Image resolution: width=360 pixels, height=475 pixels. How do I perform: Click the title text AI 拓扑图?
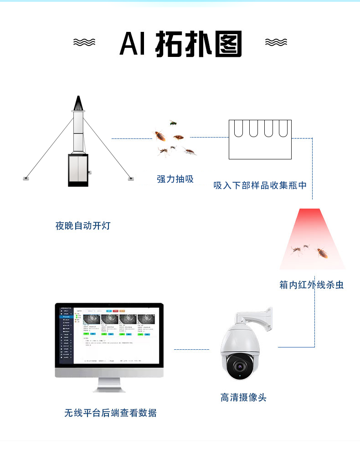click(x=180, y=44)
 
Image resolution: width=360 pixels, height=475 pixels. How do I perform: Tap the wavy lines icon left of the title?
click(x=84, y=43)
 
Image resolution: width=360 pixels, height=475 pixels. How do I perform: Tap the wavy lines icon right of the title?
click(x=276, y=43)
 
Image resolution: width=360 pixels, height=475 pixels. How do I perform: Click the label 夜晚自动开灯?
click(x=82, y=226)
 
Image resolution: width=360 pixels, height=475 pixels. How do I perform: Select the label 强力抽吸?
click(x=175, y=179)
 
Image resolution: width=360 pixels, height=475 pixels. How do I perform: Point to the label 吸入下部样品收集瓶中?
click(x=260, y=186)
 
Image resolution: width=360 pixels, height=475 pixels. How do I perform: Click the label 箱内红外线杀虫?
click(x=311, y=285)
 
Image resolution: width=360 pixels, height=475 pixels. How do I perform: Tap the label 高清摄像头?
click(x=243, y=398)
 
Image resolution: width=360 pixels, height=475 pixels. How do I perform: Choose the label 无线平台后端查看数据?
click(x=110, y=413)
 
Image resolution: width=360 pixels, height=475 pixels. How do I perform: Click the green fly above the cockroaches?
click(x=173, y=123)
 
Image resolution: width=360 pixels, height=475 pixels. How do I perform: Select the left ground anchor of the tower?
click(x=26, y=178)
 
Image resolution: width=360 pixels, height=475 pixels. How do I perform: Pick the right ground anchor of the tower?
click(x=131, y=178)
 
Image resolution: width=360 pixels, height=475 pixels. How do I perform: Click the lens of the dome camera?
click(x=237, y=366)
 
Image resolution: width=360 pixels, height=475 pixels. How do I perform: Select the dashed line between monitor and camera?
click(x=191, y=350)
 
